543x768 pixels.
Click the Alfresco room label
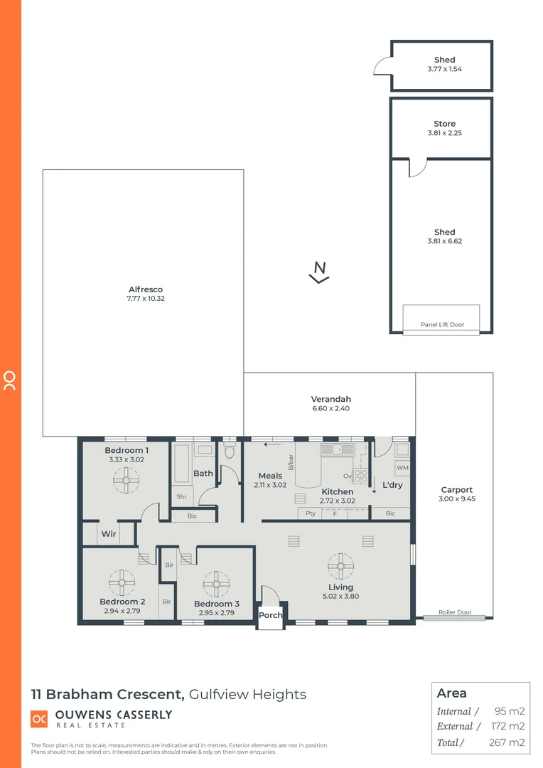[x=146, y=289]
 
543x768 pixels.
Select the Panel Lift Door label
[x=442, y=324]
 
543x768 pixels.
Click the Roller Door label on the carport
[x=454, y=612]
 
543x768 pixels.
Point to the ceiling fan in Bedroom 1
[x=126, y=484]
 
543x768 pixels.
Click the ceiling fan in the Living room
[x=340, y=566]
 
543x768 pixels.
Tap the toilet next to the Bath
[x=229, y=451]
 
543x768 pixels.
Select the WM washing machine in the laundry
[x=402, y=467]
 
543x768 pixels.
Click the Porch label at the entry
[x=270, y=615]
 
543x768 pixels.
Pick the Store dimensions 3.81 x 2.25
[x=445, y=133]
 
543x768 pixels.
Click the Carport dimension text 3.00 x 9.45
[x=456, y=499]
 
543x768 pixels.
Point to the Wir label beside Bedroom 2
[x=109, y=533]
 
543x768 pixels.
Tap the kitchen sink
[x=331, y=449]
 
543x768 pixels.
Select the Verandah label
[x=330, y=399]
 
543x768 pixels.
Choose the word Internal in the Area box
[x=453, y=711]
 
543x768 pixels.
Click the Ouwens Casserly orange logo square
[x=39, y=718]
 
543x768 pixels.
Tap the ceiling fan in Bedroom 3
[x=216, y=584]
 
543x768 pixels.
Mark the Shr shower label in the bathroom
[x=182, y=497]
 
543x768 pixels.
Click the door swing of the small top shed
[x=383, y=67]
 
